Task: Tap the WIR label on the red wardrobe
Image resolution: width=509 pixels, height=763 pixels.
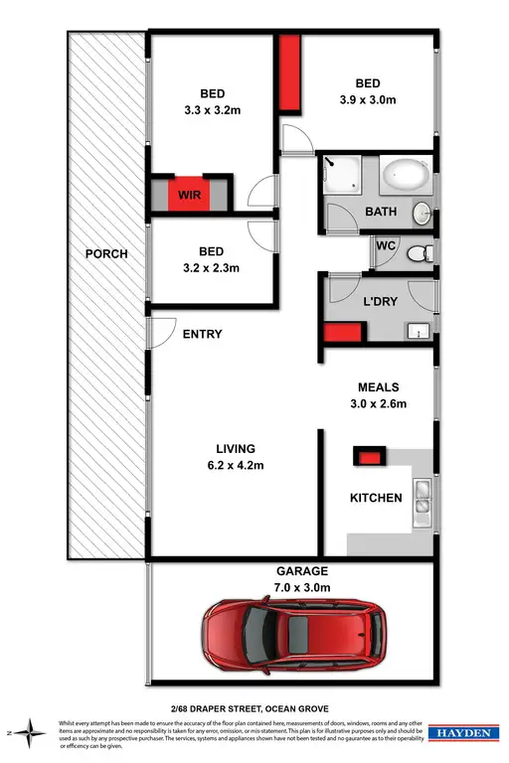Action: click(x=189, y=195)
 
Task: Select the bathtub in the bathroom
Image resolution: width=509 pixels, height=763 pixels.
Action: click(x=405, y=176)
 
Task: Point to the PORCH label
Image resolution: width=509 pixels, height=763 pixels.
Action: click(x=106, y=253)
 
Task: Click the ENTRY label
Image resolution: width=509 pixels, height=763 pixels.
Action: click(x=203, y=334)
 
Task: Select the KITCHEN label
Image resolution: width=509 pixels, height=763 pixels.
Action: click(x=377, y=498)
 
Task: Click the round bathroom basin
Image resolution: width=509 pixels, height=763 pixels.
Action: click(x=422, y=212)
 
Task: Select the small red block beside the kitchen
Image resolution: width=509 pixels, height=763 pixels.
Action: click(x=370, y=457)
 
